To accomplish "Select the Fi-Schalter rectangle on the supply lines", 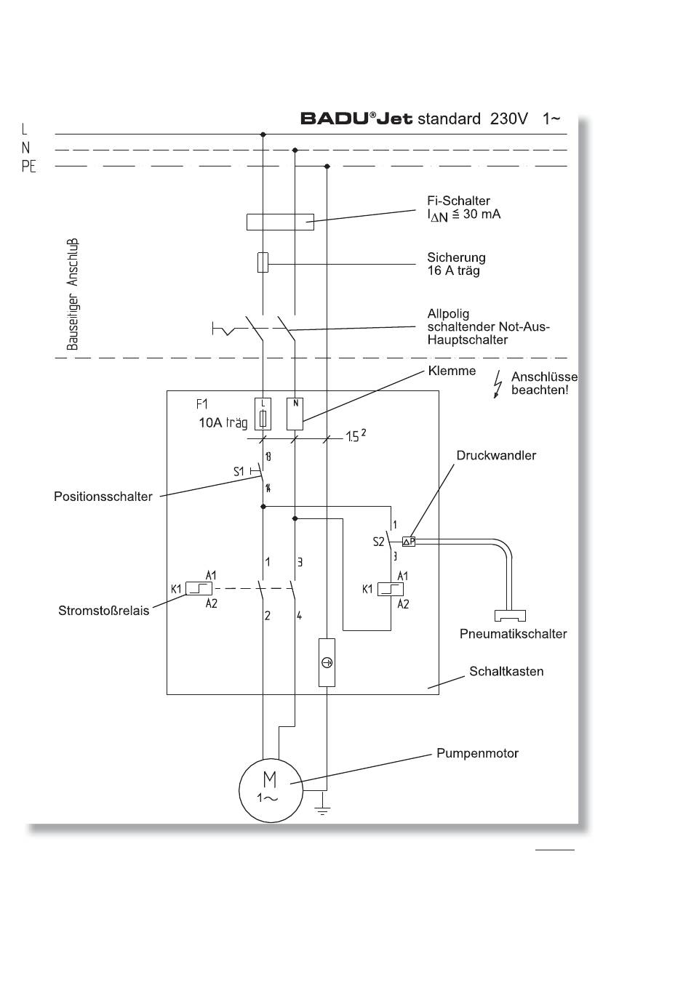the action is coord(280,222).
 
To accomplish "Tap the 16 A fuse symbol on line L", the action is coord(263,262).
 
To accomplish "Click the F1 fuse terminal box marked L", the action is coord(263,414).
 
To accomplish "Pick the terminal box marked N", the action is coord(295,414).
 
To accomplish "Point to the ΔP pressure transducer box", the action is coord(409,541).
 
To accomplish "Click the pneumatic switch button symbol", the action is coord(510,615).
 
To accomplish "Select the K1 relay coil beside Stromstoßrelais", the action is coord(199,588).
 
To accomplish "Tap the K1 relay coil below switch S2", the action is coord(390,589).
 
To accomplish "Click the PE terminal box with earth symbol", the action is coord(327,662).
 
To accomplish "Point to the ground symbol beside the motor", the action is coord(322,809).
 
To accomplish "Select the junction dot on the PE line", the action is coord(327,166).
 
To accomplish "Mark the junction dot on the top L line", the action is coord(263,134).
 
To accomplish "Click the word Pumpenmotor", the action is coord(477,753).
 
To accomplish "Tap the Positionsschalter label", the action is coord(103,497).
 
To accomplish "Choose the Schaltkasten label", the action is coord(506,671).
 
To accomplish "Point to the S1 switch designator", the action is coord(239,471).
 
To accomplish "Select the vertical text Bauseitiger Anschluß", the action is coord(73,294).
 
